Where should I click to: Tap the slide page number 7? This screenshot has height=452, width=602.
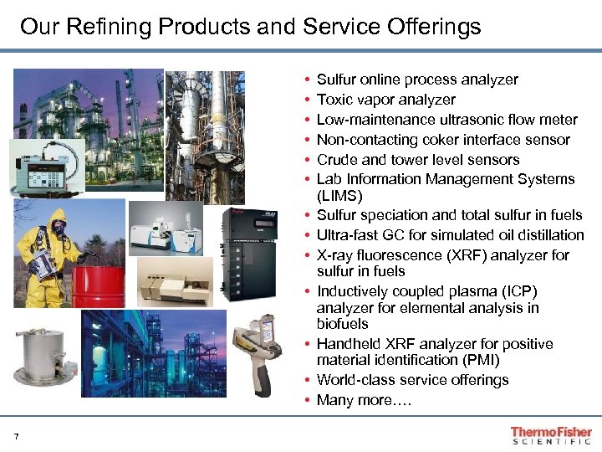pyautogui.click(x=16, y=434)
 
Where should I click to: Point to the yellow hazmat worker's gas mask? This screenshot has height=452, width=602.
pyautogui.click(x=57, y=225)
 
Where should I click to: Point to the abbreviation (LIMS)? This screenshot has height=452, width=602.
pyautogui.click(x=339, y=196)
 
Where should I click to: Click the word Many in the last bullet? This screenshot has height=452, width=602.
pyautogui.click(x=335, y=400)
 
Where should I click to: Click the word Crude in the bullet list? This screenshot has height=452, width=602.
pyautogui.click(x=336, y=160)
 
